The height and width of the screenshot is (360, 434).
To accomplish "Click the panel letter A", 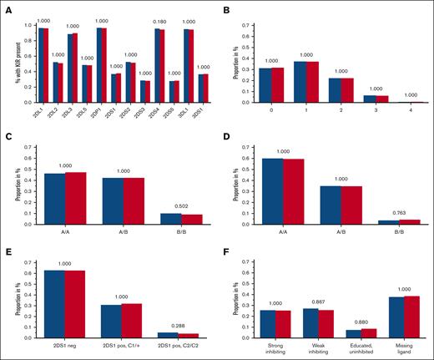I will (7, 8).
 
